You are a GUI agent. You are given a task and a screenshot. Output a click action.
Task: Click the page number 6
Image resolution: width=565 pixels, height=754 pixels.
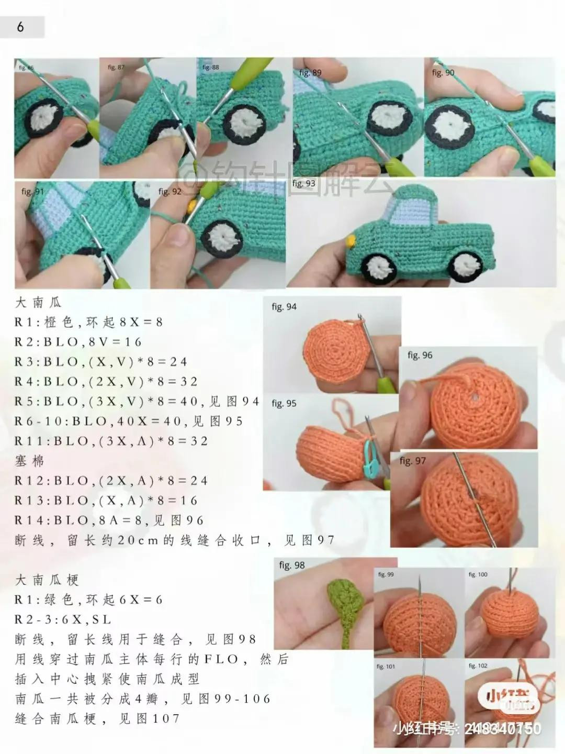coord(20,27)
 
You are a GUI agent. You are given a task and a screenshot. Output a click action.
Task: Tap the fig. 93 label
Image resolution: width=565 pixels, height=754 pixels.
coord(303,183)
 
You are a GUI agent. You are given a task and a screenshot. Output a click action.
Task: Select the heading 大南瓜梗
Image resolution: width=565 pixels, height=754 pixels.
coord(47,580)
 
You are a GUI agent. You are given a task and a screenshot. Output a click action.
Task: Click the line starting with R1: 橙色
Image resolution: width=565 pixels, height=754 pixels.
coord(89,322)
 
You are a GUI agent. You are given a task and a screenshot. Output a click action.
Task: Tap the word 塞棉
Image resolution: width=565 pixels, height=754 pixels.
coord(30,461)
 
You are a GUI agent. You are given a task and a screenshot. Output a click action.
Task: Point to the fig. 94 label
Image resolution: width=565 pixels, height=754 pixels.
coord(284,307)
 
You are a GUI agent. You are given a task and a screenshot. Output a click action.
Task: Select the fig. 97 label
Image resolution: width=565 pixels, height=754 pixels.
coord(412,461)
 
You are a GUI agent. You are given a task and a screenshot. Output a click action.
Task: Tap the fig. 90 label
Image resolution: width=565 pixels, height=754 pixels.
coord(443,73)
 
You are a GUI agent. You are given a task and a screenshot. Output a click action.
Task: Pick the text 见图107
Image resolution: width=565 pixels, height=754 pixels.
coord(149,718)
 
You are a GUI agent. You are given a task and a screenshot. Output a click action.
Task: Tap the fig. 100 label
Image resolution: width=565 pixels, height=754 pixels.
coord(478,574)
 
